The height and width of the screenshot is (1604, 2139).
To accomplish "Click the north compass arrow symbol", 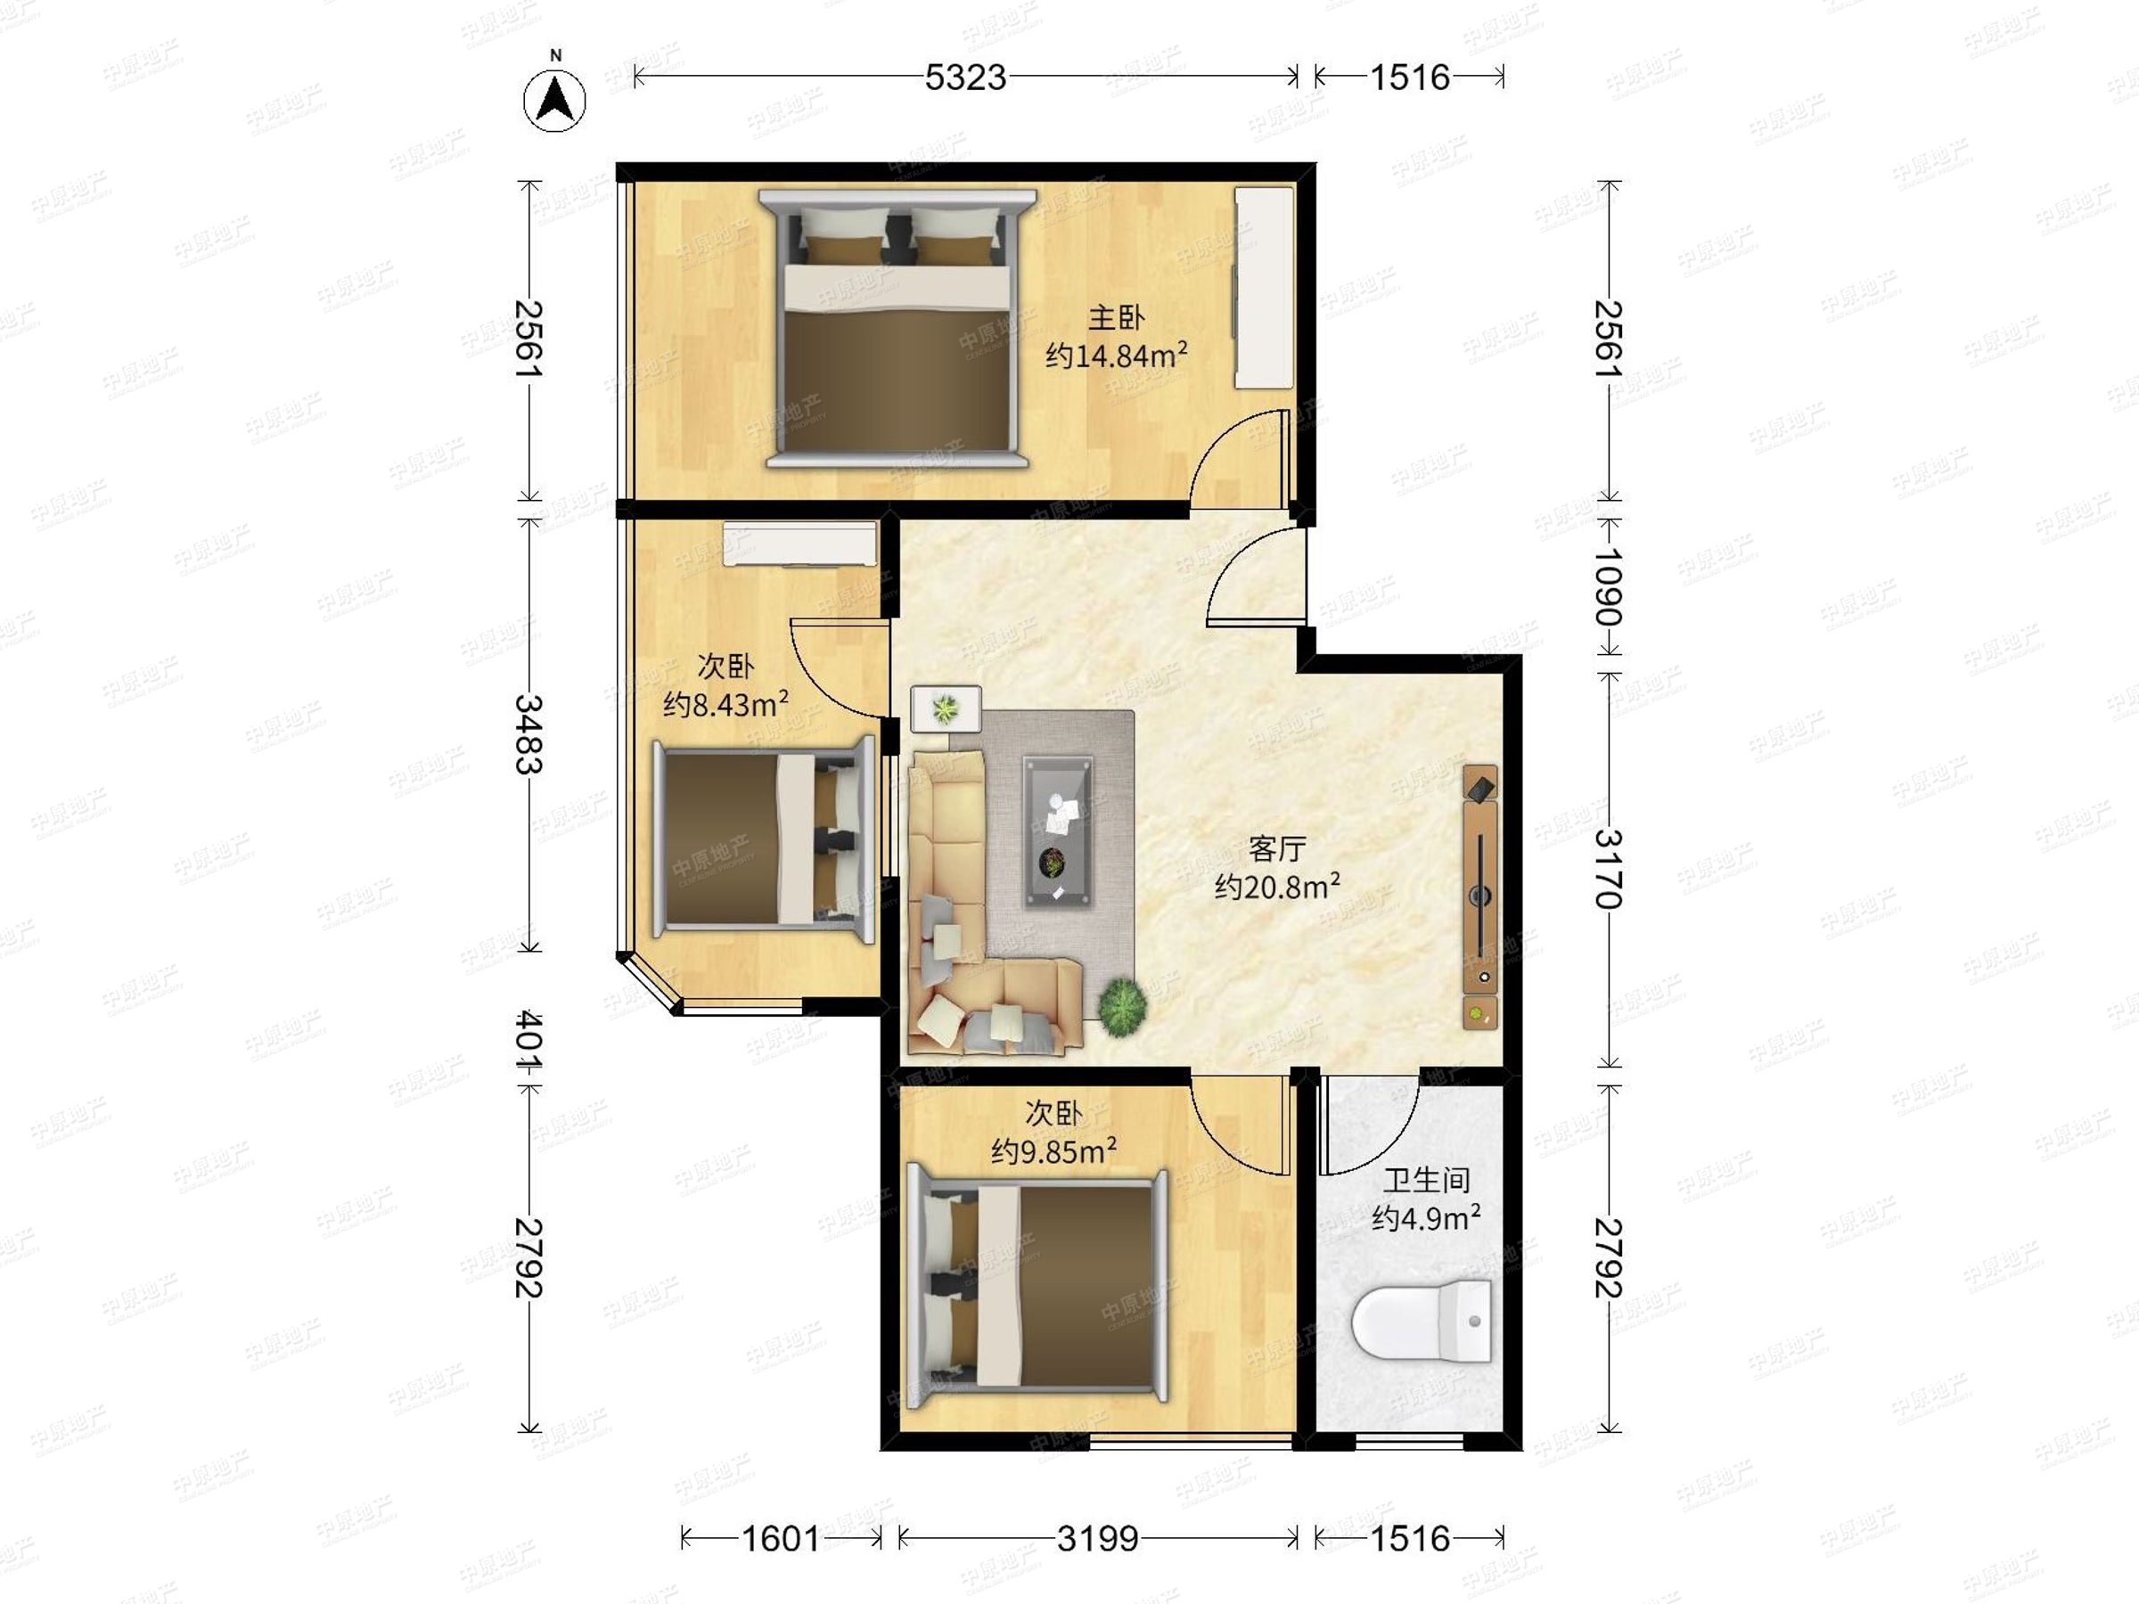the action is [x=555, y=99].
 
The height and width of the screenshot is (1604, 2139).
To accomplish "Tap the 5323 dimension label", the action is [x=965, y=78].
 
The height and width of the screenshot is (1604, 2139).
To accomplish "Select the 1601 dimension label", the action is [x=781, y=1537].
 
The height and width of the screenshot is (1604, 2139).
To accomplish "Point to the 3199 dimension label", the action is [x=1097, y=1537].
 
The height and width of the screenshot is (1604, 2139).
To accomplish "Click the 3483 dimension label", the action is [x=528, y=735].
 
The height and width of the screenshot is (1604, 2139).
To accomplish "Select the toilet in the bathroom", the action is [x=1422, y=1321].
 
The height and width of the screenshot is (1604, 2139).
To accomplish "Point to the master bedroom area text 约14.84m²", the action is [x=1117, y=356].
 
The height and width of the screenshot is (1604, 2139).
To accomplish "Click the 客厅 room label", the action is [x=1277, y=849].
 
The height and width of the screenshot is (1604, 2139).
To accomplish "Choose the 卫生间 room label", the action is [x=1426, y=1180].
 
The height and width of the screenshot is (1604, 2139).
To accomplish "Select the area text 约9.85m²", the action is [x=1054, y=1151].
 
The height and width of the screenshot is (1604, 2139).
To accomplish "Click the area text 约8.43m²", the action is [x=725, y=704].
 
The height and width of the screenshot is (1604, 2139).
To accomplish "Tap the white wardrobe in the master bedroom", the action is [x=1264, y=288].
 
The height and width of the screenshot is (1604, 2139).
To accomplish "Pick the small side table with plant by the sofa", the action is [x=947, y=708].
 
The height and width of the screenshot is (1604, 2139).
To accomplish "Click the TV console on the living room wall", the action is [x=1480, y=896].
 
